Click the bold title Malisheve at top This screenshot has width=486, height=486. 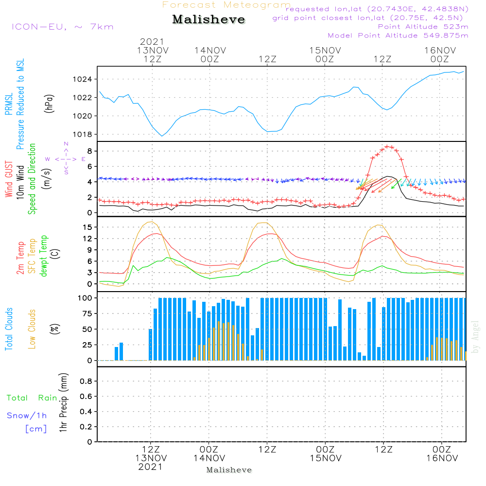208,19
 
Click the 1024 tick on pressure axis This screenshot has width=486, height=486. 82,79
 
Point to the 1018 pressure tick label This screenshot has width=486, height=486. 82,135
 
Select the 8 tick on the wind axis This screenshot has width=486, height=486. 89,151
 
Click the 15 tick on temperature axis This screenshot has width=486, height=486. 87,227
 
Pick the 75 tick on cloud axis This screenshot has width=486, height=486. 87,313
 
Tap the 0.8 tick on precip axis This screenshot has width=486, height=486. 86,381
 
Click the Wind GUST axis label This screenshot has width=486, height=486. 9,179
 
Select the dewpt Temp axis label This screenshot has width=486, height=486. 43,256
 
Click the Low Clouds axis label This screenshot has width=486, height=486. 32,329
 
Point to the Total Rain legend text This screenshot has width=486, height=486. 32,398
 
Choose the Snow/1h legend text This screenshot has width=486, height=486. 27,416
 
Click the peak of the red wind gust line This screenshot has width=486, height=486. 387,146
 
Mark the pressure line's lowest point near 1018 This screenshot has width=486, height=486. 162,136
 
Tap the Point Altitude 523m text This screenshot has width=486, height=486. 423,27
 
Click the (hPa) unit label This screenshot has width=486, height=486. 49,104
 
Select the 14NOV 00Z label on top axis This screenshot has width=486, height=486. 210,55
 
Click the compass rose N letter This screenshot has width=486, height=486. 66,144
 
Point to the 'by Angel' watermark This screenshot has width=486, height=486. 475,337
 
